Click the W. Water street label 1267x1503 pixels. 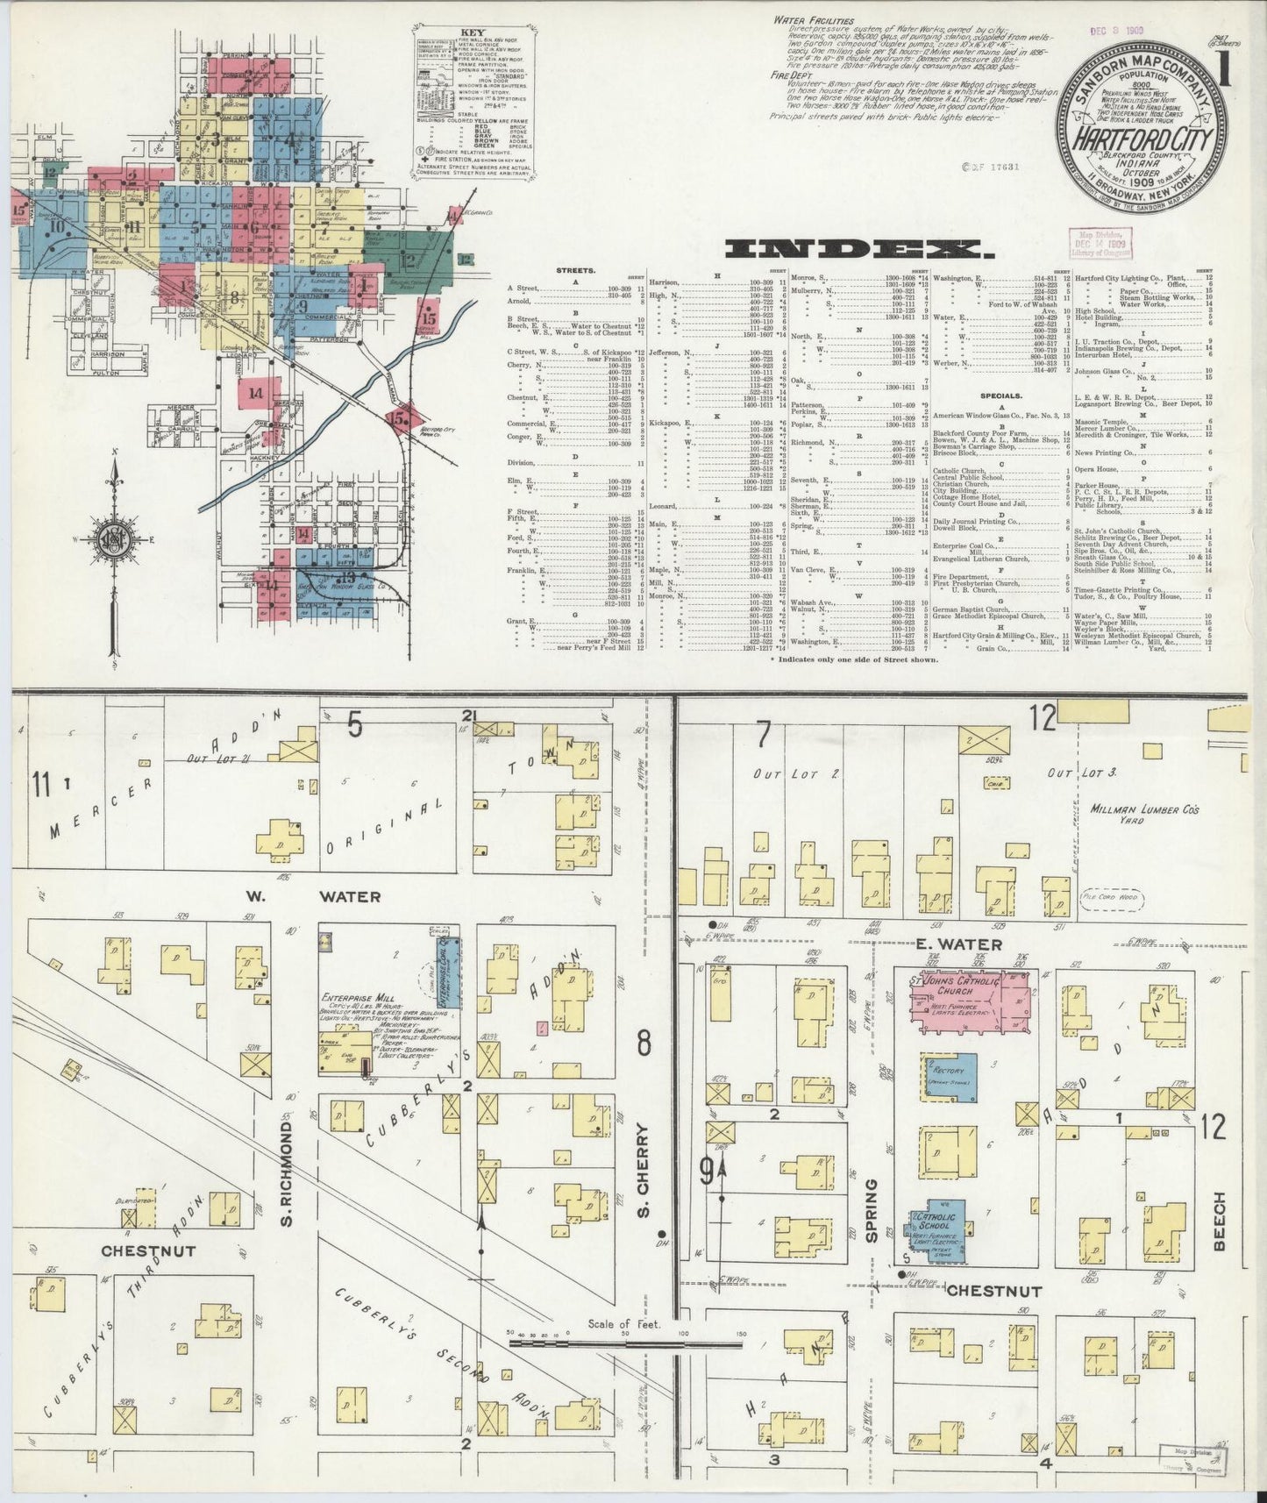313,896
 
